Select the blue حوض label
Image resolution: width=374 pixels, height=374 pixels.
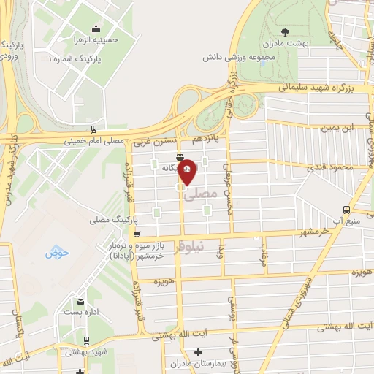click(56, 253)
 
